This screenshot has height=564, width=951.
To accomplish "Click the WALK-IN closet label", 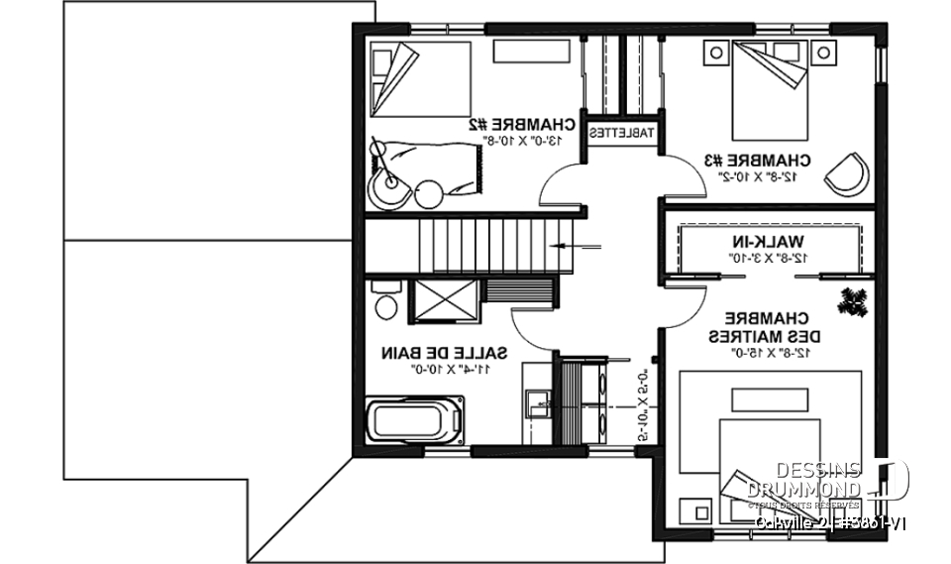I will coord(770,242).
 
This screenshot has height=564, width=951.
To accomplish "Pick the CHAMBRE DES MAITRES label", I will coord(761,327).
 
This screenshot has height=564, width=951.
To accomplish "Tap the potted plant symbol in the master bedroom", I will coord(853,302).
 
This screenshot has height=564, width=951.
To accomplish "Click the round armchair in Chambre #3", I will coord(847,174).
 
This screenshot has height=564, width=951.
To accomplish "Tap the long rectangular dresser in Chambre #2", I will coord(526,52).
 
